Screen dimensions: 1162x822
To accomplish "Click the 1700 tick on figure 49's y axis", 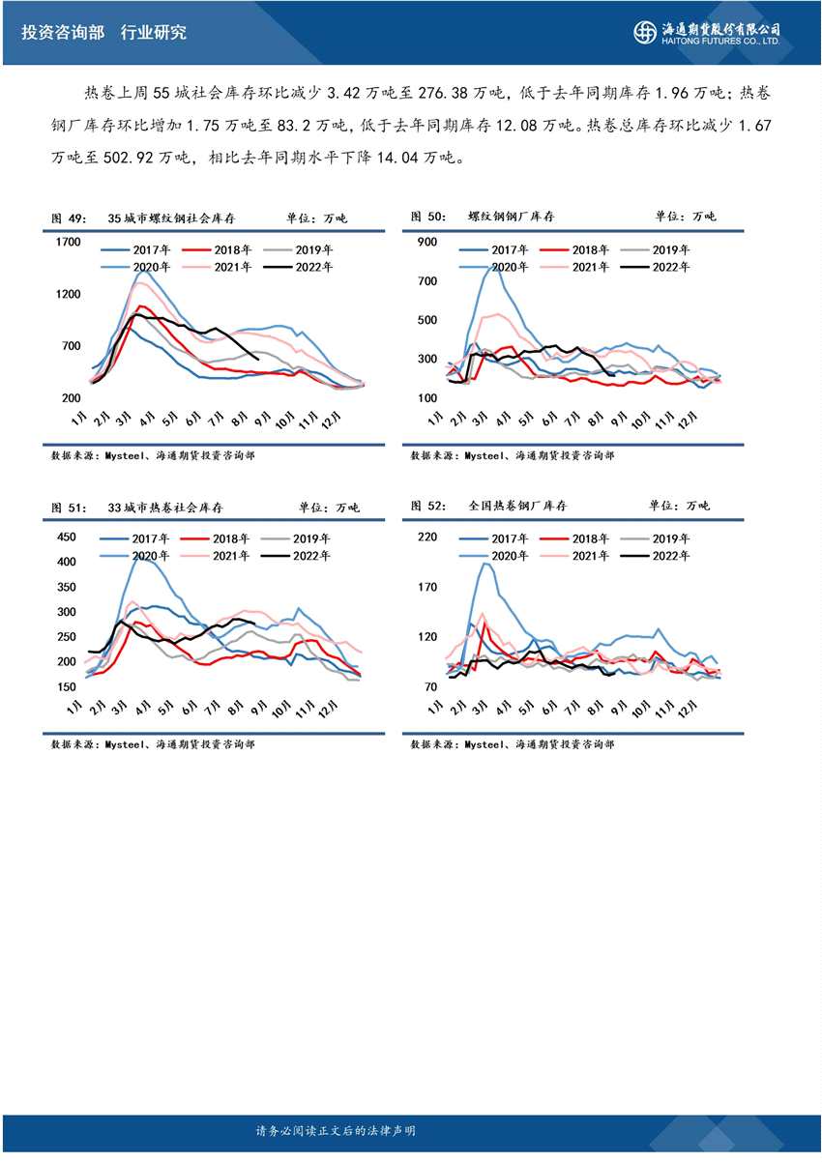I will tap(69, 242).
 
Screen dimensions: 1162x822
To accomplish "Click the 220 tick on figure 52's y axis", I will tap(426, 537).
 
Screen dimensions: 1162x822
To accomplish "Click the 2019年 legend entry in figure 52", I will tap(662, 538).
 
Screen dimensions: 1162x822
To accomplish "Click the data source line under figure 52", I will tap(512, 744).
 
